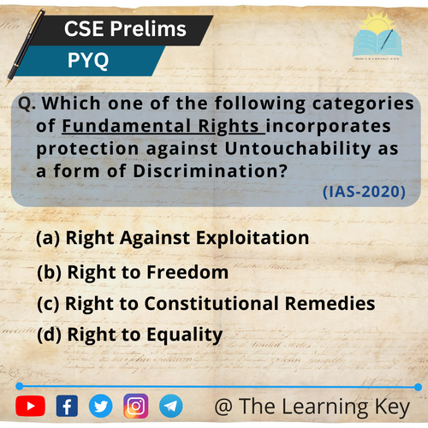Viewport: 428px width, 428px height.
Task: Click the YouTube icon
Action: (x=31, y=406)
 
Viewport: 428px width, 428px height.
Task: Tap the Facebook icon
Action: (x=67, y=406)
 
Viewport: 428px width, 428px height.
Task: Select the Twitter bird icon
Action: (x=100, y=406)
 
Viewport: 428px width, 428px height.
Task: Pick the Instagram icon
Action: (x=136, y=406)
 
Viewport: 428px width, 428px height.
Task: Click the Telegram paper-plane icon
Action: (x=171, y=406)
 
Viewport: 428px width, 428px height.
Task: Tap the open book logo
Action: (x=377, y=36)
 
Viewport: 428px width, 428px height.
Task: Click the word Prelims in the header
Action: (x=148, y=29)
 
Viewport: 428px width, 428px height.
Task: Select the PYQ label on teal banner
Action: (x=88, y=60)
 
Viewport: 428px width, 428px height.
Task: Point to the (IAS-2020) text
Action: (x=364, y=192)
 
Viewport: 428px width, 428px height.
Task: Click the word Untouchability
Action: (x=297, y=148)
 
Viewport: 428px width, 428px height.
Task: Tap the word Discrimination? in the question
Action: (x=211, y=170)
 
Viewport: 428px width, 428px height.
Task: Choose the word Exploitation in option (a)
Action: (x=253, y=238)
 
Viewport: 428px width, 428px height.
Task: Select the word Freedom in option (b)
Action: (x=187, y=272)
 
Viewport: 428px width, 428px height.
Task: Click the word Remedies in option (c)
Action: (x=330, y=303)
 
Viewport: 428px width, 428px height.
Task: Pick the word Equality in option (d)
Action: (x=185, y=335)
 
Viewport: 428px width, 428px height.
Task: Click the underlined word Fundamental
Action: (x=127, y=126)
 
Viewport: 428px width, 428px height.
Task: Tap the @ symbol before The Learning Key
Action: (x=223, y=407)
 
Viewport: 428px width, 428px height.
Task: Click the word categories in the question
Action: (x=363, y=104)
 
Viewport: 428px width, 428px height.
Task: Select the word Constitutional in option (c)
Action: (x=211, y=303)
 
